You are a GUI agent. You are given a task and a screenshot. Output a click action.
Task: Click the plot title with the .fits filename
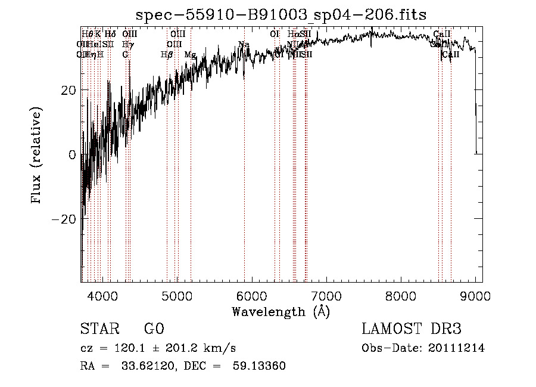click(281, 14)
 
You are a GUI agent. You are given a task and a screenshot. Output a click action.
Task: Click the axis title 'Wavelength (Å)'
click(281, 311)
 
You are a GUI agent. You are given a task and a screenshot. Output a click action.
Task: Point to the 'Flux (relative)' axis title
click(37, 155)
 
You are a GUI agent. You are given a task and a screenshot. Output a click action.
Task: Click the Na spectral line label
click(244, 45)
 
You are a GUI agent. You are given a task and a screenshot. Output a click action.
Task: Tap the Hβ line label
click(167, 55)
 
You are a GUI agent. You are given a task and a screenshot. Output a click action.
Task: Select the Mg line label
click(191, 55)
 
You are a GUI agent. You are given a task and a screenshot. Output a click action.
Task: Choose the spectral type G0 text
click(154, 329)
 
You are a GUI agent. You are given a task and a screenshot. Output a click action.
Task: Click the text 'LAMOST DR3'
click(412, 329)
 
